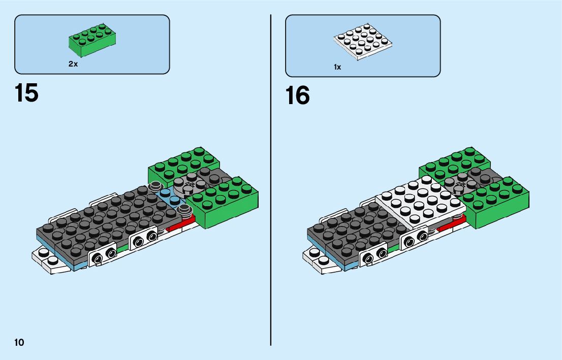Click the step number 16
click(x=297, y=95)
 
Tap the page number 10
click(x=19, y=342)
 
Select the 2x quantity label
click(x=73, y=64)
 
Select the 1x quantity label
click(x=337, y=67)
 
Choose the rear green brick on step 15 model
click(x=183, y=162)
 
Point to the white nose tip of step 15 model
click(x=46, y=258)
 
